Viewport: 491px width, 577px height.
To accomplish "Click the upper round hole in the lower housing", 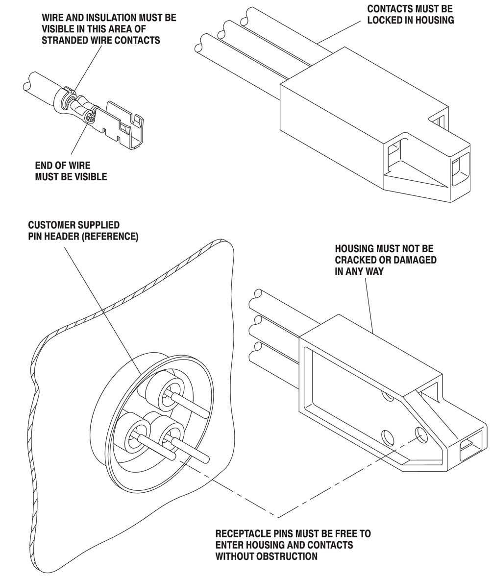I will pyautogui.click(x=389, y=395).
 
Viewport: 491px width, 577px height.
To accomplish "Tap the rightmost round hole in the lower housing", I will pyautogui.click(x=420, y=433).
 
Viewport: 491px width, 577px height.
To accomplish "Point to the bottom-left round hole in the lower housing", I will pyautogui.click(x=388, y=436).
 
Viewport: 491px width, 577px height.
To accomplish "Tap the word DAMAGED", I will pyautogui.click(x=413, y=260).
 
